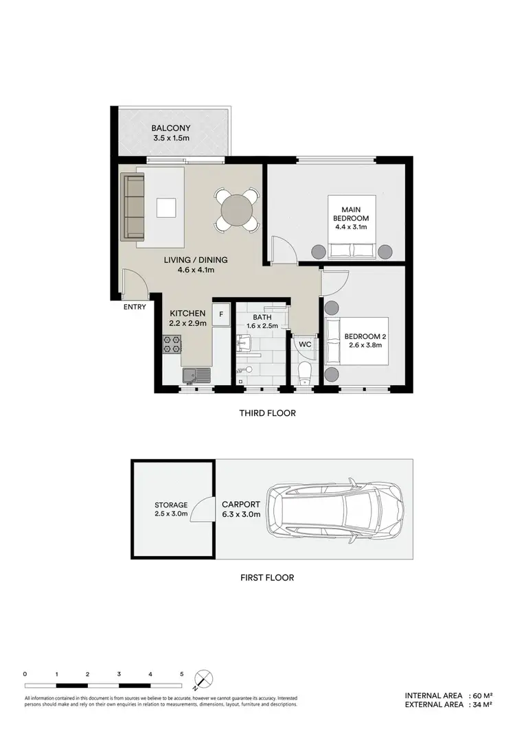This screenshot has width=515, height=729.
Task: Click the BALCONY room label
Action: click(171, 128)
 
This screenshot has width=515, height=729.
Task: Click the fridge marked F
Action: click(221, 315)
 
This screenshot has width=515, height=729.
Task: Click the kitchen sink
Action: click(195, 375)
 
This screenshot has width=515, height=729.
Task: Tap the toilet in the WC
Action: click(305, 373)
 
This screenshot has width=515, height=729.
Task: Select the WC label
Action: click(305, 345)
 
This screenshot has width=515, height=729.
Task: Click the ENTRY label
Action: click(135, 307)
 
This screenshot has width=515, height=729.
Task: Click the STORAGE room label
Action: click(171, 505)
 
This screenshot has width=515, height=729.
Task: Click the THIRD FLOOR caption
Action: click(267, 414)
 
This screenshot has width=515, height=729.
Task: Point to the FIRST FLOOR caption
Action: click(267, 577)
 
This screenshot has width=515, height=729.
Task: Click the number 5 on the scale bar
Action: click(182, 674)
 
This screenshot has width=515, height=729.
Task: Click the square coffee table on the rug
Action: click(166, 207)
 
